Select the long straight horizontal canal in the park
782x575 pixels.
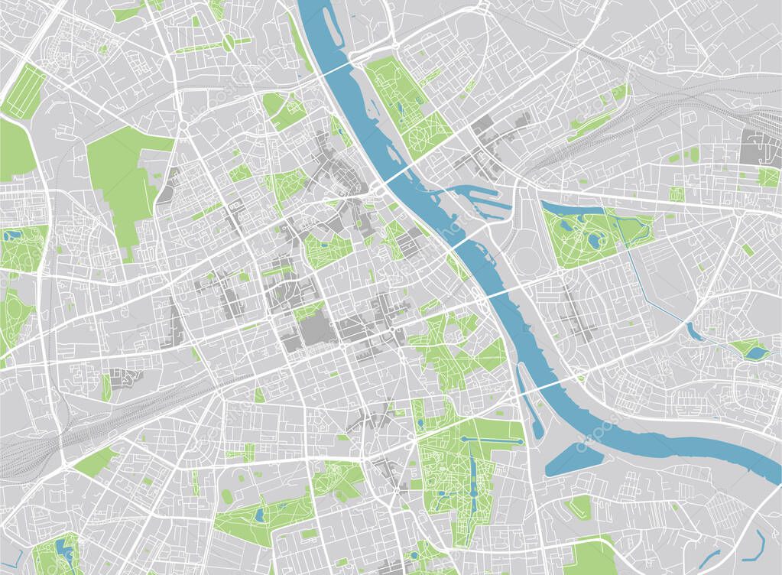pyautogui.click(x=488, y=441)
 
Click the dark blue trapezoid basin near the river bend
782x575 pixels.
pyautogui.click(x=573, y=458)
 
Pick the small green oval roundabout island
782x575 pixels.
pyautogui.click(x=228, y=44)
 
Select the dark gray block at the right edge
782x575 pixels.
pyautogui.click(x=760, y=146)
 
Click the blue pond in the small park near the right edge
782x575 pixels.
pyautogui.click(x=755, y=352)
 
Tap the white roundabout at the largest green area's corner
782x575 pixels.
pyautogui.click(x=183, y=125)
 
